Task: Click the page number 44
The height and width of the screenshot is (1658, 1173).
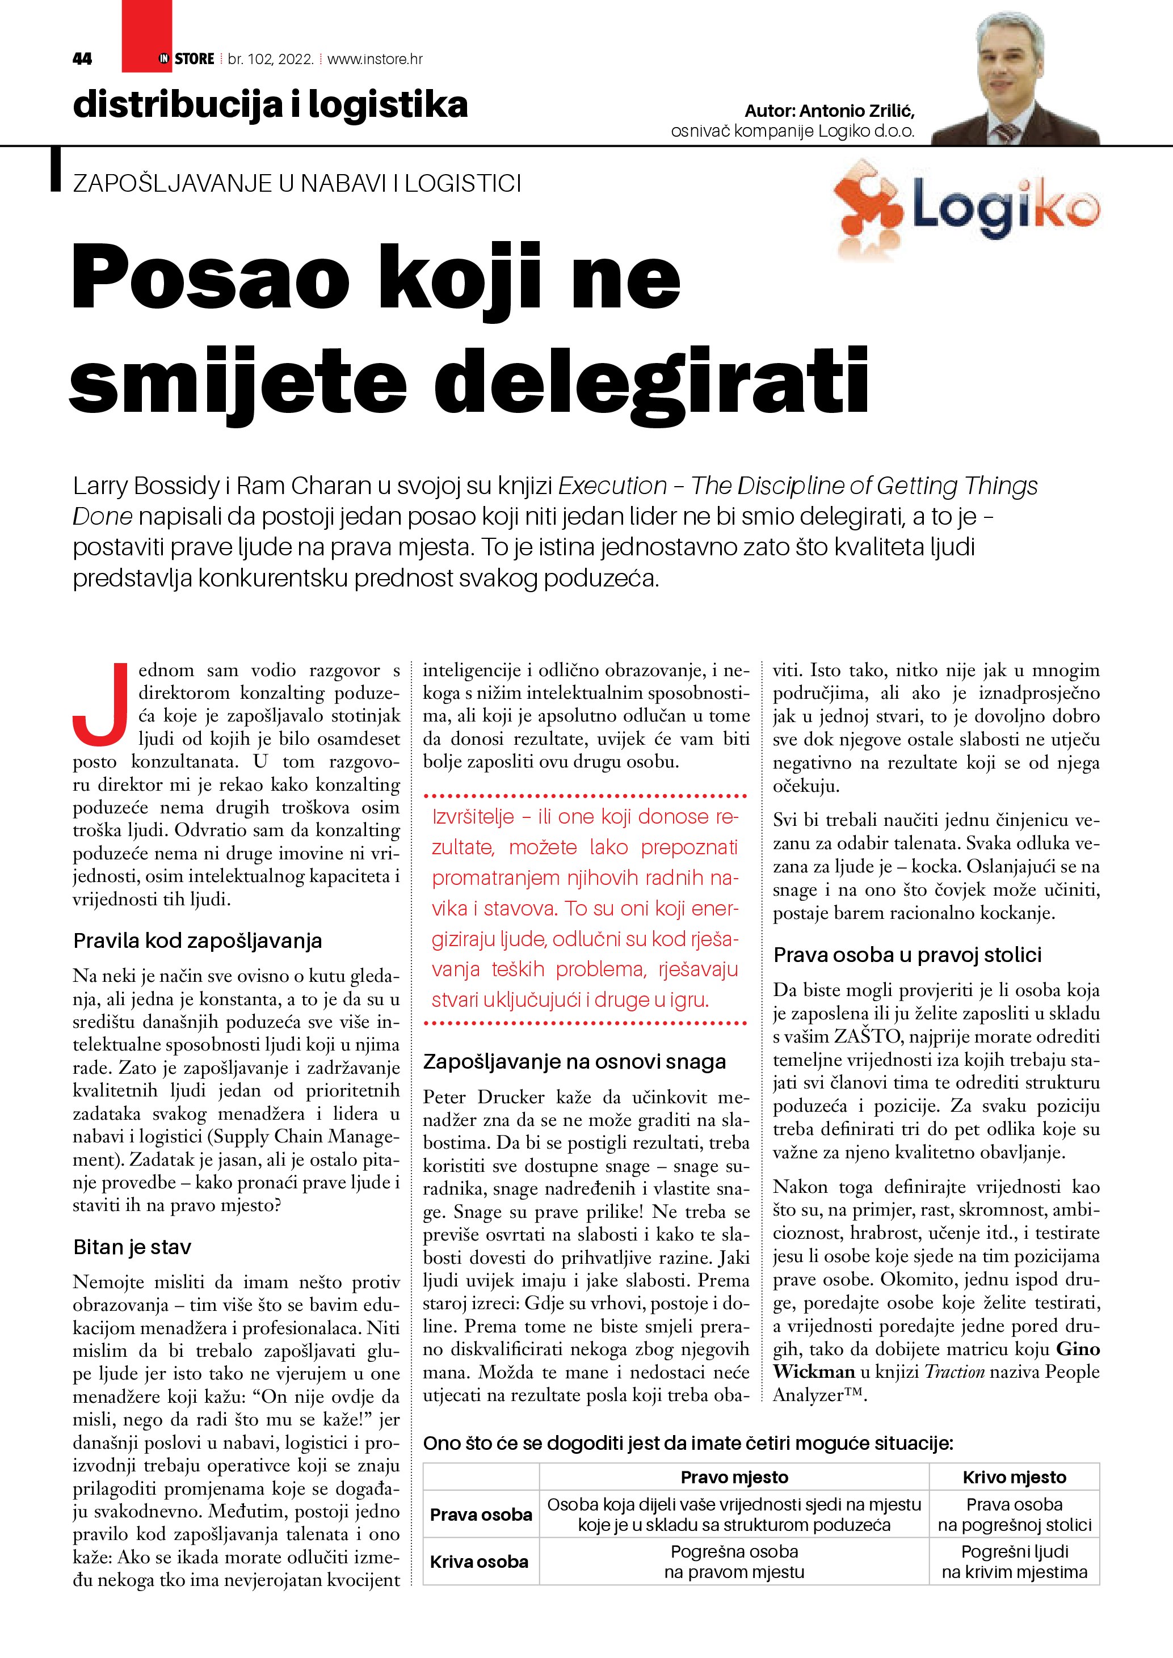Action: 82,59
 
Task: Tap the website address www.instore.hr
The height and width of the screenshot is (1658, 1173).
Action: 375,59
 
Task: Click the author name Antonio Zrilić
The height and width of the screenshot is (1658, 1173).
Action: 857,111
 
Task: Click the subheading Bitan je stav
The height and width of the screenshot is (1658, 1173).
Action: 132,1247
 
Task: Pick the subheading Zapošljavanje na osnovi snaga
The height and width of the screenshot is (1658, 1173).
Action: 574,1061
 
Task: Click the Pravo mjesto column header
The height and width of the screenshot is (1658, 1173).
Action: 734,1478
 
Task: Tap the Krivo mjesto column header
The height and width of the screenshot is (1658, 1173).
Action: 1014,1478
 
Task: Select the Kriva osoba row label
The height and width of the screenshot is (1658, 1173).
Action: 480,1562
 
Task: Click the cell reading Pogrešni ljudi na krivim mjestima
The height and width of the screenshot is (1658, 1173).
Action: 1014,1562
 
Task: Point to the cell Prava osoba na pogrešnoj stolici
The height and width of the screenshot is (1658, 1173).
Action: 1014,1515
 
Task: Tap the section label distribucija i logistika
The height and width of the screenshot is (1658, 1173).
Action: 270,106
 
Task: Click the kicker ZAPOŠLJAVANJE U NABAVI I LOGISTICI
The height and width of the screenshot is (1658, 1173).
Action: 297,183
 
